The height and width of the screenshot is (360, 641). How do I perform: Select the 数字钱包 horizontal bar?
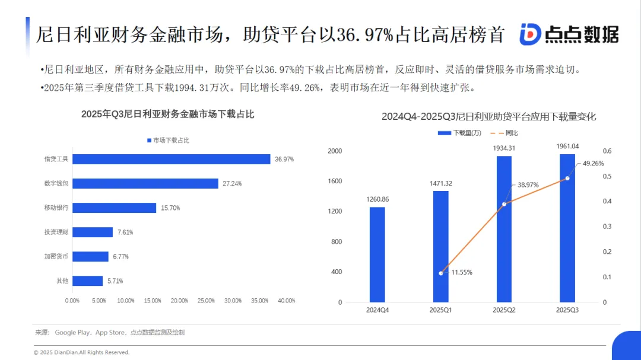(x=145, y=184)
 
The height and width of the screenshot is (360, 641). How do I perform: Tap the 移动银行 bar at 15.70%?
(x=114, y=208)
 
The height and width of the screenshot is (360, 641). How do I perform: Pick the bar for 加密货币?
(x=90, y=257)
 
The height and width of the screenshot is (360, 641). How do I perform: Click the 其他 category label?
(x=62, y=281)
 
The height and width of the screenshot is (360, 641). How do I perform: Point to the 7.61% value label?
(x=125, y=232)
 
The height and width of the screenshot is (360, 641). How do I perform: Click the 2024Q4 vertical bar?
(x=377, y=254)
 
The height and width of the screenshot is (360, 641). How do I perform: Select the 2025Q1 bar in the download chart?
(x=440, y=246)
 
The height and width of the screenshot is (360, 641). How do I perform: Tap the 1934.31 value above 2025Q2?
(x=504, y=148)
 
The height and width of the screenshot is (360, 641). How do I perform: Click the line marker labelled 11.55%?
(x=440, y=273)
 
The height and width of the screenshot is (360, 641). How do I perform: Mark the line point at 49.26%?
(x=567, y=178)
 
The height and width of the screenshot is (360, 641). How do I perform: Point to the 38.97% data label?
(x=528, y=185)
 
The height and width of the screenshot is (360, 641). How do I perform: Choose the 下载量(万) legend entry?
(x=461, y=133)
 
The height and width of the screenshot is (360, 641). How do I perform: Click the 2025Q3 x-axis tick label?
(x=567, y=310)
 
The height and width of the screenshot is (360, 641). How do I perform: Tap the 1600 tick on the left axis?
(x=336, y=181)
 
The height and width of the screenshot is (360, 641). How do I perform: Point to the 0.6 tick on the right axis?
(x=607, y=151)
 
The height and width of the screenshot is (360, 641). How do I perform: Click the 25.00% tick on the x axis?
(x=206, y=301)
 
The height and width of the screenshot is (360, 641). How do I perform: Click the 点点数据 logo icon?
(x=529, y=34)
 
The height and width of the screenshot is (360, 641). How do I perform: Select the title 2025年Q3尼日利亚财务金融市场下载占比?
(x=167, y=114)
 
